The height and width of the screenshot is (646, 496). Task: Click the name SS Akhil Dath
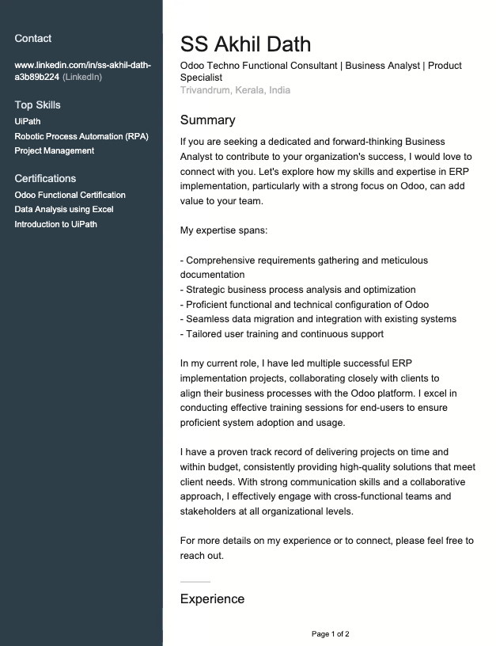click(x=245, y=44)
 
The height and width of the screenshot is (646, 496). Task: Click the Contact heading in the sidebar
click(x=33, y=38)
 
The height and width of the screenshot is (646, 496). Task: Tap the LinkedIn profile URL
click(x=82, y=70)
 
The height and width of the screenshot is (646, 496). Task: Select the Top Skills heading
click(x=37, y=104)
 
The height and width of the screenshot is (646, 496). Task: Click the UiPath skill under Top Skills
click(x=28, y=121)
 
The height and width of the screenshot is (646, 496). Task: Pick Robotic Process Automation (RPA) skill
click(x=81, y=136)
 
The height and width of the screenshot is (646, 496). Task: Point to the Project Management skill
click(x=54, y=150)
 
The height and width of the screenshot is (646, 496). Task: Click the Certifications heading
click(x=45, y=178)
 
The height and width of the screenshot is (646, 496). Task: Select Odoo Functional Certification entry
click(x=70, y=195)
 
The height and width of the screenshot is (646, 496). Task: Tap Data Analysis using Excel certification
click(x=64, y=209)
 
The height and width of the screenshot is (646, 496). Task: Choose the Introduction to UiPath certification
click(x=55, y=224)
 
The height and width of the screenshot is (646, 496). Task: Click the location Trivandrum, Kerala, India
click(x=235, y=90)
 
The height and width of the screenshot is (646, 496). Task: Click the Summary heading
click(x=207, y=120)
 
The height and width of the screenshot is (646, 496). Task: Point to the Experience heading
click(x=212, y=598)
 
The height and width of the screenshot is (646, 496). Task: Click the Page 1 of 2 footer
click(x=330, y=634)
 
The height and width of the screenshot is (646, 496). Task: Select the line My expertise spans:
click(x=224, y=230)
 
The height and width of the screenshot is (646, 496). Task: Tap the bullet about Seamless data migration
click(x=318, y=319)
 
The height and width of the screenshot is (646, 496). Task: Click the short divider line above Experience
click(x=195, y=582)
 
